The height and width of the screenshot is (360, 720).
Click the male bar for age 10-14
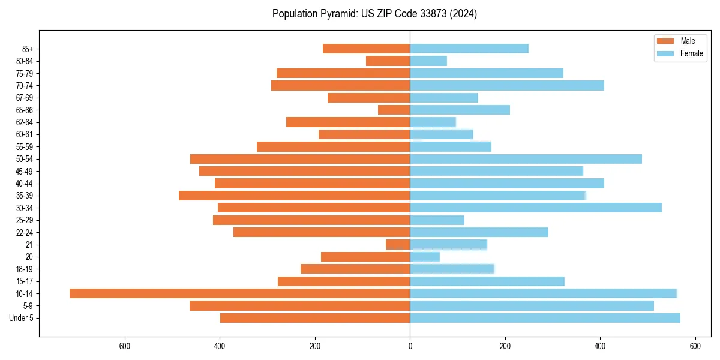click(x=240, y=293)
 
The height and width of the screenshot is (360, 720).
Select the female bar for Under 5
click(x=545, y=318)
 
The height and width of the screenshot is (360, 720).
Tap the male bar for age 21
click(x=398, y=245)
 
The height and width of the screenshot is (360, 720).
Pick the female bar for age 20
click(x=425, y=257)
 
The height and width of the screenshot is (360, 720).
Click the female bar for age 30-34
click(x=536, y=208)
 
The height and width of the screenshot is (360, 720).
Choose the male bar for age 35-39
click(x=294, y=196)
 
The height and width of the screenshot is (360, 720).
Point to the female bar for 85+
click(x=469, y=49)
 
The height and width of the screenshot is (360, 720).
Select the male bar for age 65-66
click(x=394, y=110)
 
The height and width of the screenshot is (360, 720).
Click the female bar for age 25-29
click(x=437, y=220)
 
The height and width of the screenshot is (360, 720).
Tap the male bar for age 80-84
click(x=388, y=61)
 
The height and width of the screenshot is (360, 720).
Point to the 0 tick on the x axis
click(x=410, y=346)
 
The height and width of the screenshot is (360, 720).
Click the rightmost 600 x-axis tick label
click(x=695, y=346)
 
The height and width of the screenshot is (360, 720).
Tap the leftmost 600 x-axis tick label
click(x=125, y=346)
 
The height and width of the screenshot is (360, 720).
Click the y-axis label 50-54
click(x=24, y=159)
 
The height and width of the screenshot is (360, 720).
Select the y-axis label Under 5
click(x=21, y=318)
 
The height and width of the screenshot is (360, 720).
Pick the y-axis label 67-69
click(x=24, y=98)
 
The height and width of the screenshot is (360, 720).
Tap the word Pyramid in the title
click(x=337, y=14)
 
